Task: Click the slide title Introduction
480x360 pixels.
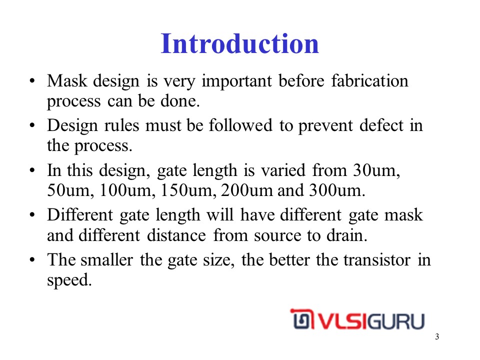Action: pyautogui.click(x=240, y=43)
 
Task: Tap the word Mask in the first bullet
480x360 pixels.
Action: pyautogui.click(x=67, y=81)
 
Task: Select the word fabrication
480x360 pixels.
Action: pyautogui.click(x=370, y=81)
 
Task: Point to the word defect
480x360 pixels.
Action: pyautogui.click(x=381, y=125)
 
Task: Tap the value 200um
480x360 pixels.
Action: pyautogui.click(x=247, y=190)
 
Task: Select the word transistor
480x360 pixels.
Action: pyautogui.click(x=376, y=260)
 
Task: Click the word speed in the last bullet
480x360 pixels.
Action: pyautogui.click(x=69, y=280)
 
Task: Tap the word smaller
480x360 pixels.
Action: pyautogui.click(x=107, y=260)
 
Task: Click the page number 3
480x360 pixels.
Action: pyautogui.click(x=437, y=336)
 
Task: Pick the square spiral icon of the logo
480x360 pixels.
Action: pyautogui.click(x=302, y=319)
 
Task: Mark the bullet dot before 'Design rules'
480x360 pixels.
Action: pyautogui.click(x=32, y=125)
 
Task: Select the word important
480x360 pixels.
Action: pyautogui.click(x=236, y=81)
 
